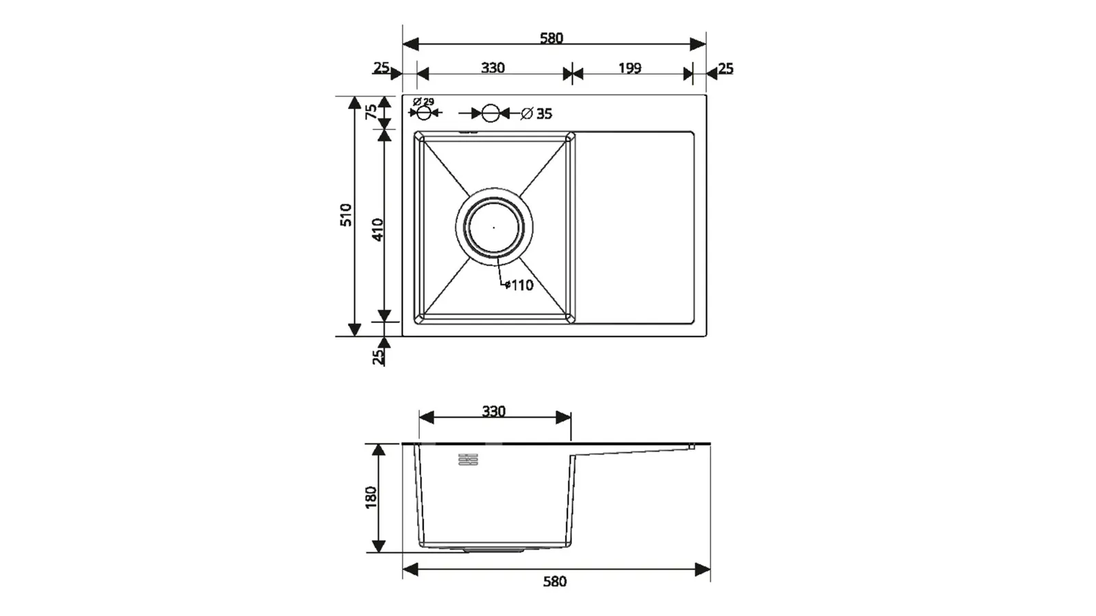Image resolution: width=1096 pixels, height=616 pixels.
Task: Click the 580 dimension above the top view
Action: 551,38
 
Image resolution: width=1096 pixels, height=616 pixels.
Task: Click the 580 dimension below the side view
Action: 555,581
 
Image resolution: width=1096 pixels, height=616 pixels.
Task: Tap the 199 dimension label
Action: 630,68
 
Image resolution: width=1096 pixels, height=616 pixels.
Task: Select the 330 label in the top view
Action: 493,68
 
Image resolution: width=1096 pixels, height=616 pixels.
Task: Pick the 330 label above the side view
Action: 494,411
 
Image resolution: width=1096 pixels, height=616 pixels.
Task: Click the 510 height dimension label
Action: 346,215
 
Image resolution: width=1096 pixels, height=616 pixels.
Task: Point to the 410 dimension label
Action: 378,229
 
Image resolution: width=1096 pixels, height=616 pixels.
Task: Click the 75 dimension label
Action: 372,112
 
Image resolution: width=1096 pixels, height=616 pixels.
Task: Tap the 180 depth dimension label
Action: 371,497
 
